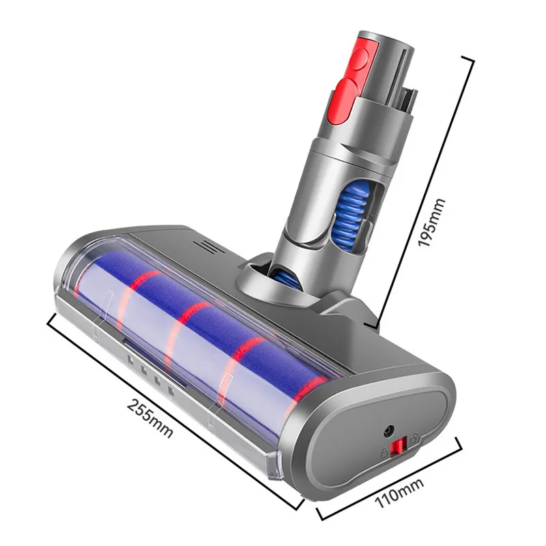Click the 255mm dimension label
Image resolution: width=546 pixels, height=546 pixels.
coord(150,418)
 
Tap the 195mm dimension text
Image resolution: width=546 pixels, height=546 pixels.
coord(431,223)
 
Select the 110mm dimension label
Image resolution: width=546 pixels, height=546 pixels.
coord(399,493)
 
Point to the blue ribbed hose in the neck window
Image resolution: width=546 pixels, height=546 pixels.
coord(352,216)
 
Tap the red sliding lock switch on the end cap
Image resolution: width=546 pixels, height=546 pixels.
coord(398,447)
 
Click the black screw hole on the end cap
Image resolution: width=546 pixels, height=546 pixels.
coord(388,431)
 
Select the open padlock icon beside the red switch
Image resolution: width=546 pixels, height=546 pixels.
coord(414,438)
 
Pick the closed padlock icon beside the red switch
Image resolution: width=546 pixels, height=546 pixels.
coord(384,452)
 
